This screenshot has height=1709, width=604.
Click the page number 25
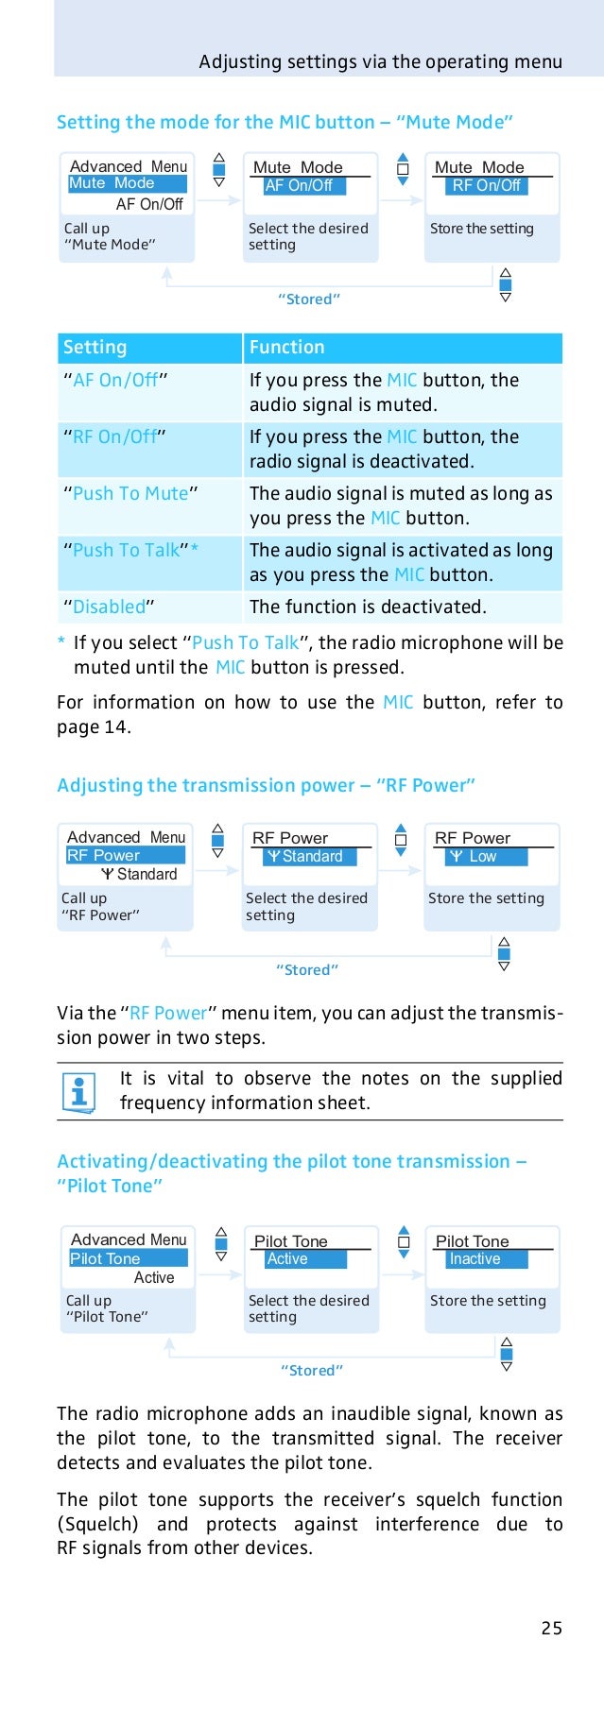pos(551,1627)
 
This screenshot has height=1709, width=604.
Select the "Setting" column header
pos(95,348)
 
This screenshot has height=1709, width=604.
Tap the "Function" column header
pos(286,348)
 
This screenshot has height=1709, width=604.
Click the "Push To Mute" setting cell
pos(130,493)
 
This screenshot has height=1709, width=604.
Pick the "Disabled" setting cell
pos(109,607)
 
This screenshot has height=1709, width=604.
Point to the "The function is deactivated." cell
pos(368,607)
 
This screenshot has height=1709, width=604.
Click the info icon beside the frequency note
pos(78,1092)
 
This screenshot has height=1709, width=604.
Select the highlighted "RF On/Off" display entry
pos(486,186)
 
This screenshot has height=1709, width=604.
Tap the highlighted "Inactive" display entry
pos(475,1259)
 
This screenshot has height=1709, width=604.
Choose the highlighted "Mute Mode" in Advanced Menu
pos(112,183)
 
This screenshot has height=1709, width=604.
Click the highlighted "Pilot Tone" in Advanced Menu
pos(106,1258)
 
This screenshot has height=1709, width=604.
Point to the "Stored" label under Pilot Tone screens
pos(311,1370)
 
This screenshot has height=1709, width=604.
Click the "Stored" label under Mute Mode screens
pos(309,299)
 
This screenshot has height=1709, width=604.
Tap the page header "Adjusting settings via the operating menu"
pos(380,62)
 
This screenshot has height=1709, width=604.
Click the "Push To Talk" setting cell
pos(130,550)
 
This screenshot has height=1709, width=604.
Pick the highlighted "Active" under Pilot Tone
pos(287,1259)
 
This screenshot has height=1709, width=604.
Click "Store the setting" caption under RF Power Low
pos(486,898)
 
